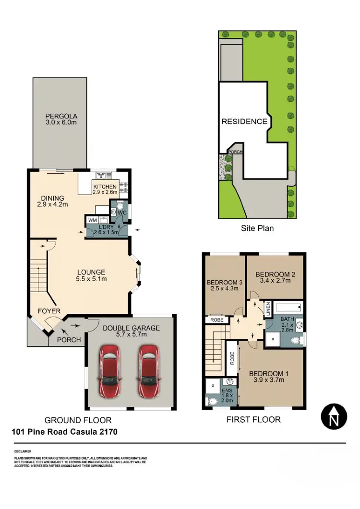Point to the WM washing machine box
coord(91,220)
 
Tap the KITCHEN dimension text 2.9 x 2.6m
coord(105,192)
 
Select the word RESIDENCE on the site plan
coord(244,122)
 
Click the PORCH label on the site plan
coord(236,152)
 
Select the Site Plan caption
coord(257,228)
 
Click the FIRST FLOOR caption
coord(253,419)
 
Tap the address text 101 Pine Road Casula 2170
coord(64,432)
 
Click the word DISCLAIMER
coord(23,451)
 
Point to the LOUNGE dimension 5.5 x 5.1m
coord(91,279)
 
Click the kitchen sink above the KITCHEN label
coord(103,175)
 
